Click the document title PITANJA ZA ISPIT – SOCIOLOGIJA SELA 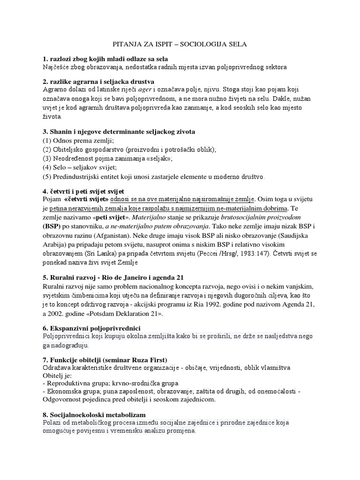[180, 44]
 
